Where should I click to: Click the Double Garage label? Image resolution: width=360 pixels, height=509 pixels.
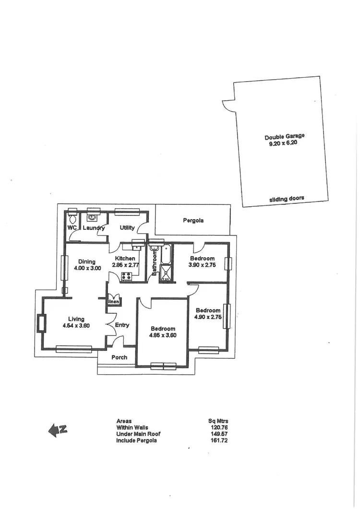pos(284,137)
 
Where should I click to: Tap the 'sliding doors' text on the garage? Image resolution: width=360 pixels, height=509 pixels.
pos(287,198)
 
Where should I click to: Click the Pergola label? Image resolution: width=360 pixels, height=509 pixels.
pos(193,221)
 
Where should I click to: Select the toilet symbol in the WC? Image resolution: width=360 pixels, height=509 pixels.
pos(72,217)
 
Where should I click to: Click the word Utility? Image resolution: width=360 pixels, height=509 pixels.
pos(127,228)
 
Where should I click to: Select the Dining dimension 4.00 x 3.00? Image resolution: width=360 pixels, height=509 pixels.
pos(87,268)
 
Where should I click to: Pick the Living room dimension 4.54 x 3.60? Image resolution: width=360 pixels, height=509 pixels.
pos(76,326)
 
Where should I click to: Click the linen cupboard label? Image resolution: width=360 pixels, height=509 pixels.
pos(114,301)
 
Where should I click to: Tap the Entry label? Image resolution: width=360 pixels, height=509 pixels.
pos(122,325)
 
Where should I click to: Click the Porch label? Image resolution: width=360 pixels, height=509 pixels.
pos(120,357)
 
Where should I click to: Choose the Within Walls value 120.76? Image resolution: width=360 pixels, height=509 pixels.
pos(218,427)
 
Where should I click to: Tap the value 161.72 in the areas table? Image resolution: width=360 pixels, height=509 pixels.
pos(218,440)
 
